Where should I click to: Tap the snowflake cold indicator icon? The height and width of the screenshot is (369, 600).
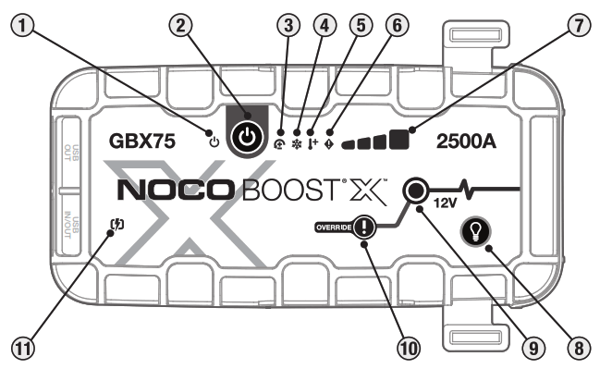tap(298, 145)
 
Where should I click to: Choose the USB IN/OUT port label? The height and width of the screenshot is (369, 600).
tap(79, 223)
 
